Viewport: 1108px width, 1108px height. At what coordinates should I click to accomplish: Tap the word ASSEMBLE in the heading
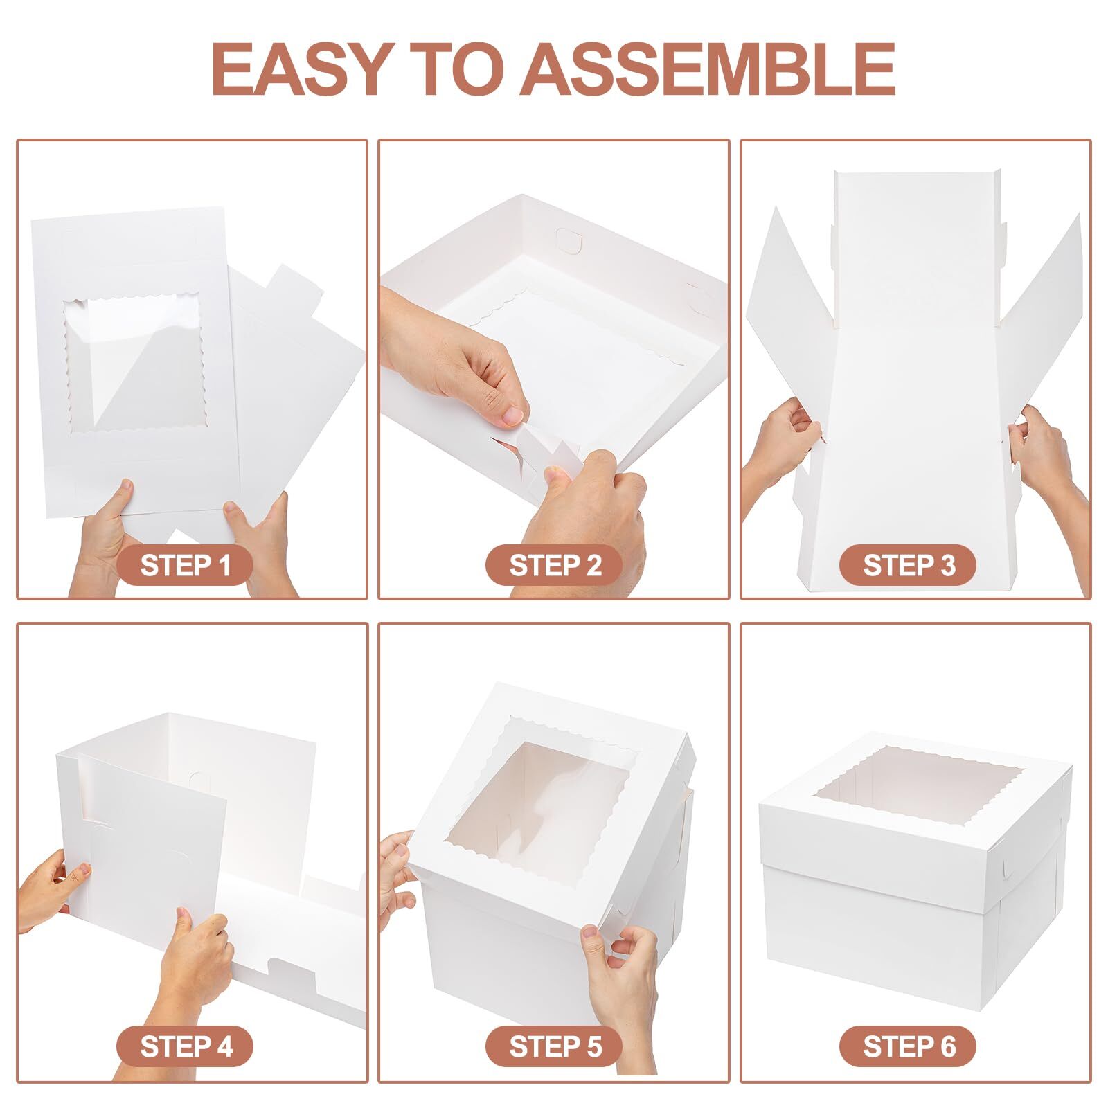tap(708, 69)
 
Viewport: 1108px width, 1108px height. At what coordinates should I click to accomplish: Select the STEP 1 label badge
tap(185, 565)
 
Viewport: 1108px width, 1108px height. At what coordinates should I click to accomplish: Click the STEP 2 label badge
tap(555, 565)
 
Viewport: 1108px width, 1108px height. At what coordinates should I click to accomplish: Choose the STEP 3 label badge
tap(908, 565)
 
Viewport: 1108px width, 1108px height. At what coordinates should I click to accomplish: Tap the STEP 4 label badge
tap(185, 1046)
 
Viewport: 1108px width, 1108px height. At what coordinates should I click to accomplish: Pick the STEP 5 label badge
tap(555, 1046)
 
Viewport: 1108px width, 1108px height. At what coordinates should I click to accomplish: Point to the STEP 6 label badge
tap(908, 1046)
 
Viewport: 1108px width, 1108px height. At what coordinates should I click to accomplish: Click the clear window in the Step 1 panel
tap(135, 364)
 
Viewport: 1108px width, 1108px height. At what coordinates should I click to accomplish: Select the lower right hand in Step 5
tap(620, 969)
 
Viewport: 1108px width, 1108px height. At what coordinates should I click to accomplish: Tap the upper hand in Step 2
tap(457, 360)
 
